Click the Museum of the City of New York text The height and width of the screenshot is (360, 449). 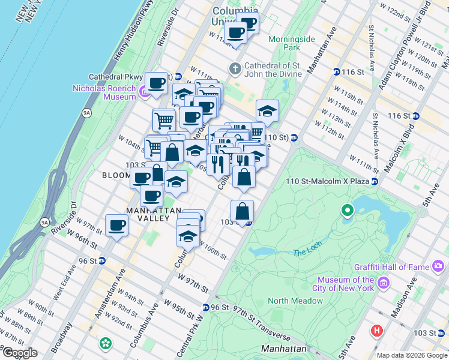point(346,284)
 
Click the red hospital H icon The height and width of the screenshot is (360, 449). point(377,330)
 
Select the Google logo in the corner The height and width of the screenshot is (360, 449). point(20,353)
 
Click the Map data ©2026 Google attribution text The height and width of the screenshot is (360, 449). point(412,355)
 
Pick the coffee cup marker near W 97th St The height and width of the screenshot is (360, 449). point(116,226)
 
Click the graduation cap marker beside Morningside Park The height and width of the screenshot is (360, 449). point(267,110)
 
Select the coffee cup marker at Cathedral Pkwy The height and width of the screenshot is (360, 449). point(157,83)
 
